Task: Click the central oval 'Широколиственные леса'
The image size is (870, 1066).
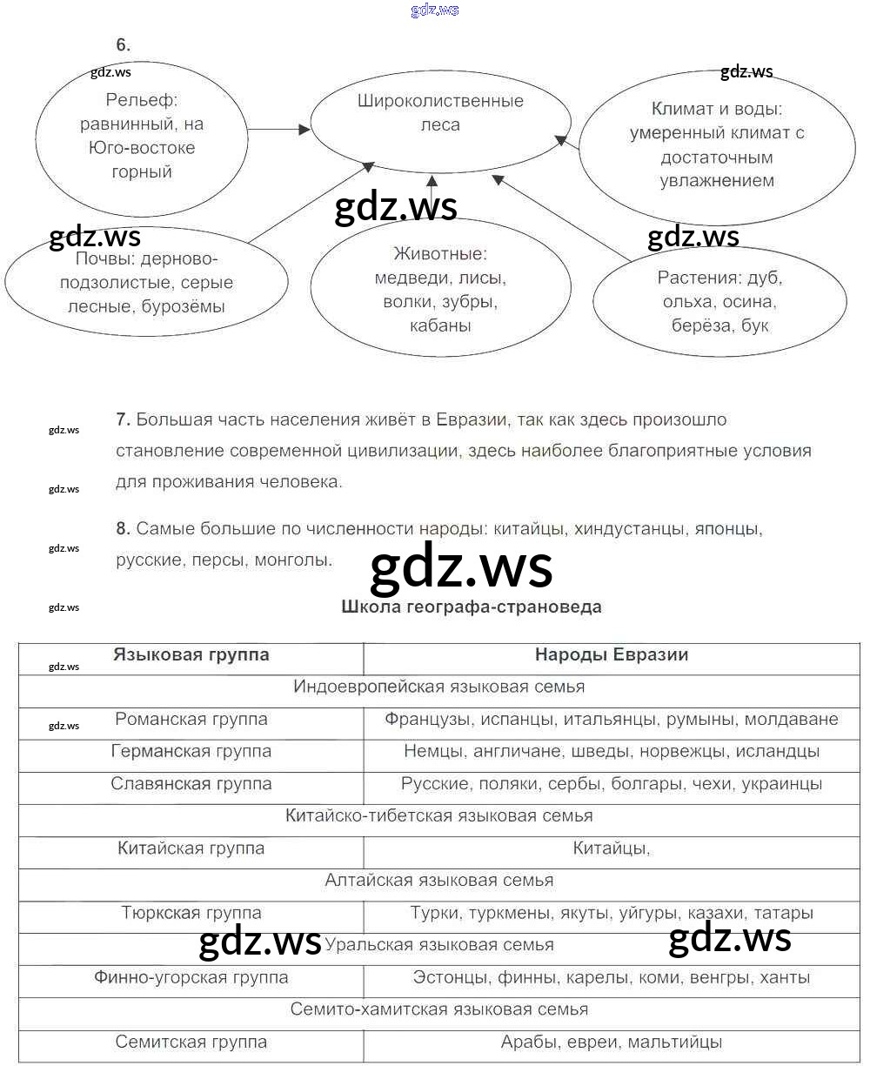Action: [x=440, y=113]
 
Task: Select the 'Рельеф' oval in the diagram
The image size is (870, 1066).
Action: [x=142, y=137]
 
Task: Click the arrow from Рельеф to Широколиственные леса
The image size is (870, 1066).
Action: [x=279, y=130]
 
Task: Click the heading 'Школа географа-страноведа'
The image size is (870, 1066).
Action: [x=472, y=607]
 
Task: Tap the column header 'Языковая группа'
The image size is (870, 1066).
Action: [x=191, y=655]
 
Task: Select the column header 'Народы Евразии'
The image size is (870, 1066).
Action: [x=611, y=655]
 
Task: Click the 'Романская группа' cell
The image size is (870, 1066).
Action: [x=191, y=720]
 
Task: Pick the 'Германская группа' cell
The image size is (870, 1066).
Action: [x=191, y=751]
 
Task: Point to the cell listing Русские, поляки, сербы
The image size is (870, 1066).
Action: [x=611, y=784]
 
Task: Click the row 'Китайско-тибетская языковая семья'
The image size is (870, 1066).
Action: [x=438, y=816]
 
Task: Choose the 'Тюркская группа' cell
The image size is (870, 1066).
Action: [x=191, y=913]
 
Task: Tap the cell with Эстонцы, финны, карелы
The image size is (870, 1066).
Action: [x=611, y=977]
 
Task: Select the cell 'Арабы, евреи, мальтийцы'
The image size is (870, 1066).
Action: [x=611, y=1042]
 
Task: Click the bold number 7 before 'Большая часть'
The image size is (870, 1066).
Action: [x=123, y=419]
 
